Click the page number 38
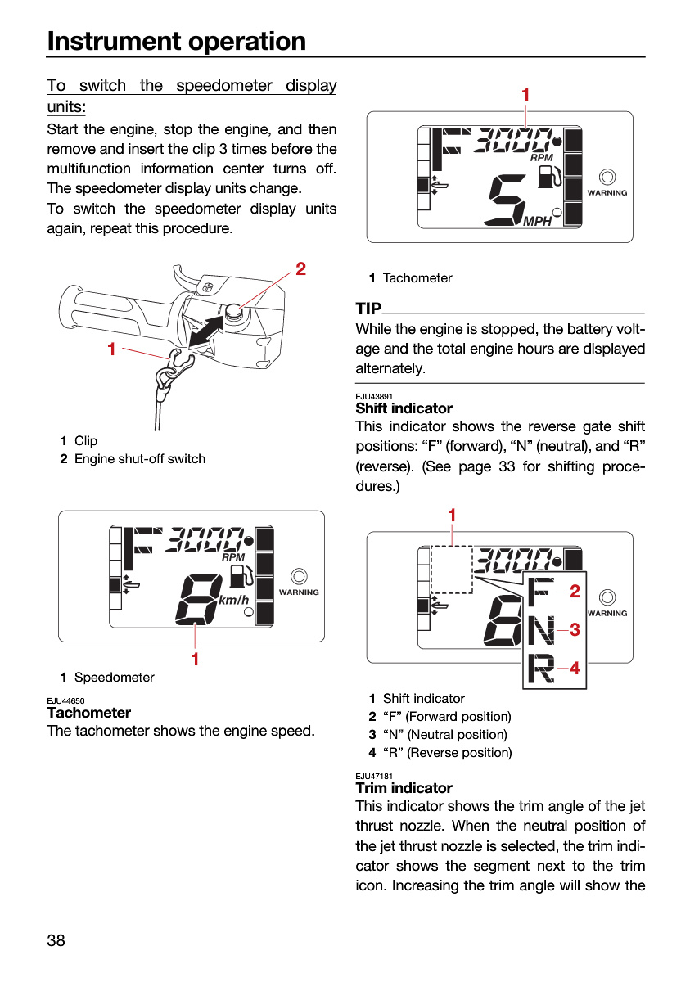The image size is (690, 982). click(x=56, y=940)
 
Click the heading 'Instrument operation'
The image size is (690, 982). click(x=176, y=42)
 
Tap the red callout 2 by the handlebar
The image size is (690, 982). click(x=300, y=268)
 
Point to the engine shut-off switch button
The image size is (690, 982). click(x=232, y=311)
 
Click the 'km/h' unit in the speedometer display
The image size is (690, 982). click(x=233, y=600)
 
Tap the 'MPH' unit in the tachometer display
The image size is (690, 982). click(x=538, y=222)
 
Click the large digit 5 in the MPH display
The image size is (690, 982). click(x=507, y=200)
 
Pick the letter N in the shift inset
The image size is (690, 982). click(x=542, y=631)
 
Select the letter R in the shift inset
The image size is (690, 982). click(x=542, y=669)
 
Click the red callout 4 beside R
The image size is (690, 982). click(x=575, y=668)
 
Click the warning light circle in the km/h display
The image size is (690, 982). click(x=299, y=576)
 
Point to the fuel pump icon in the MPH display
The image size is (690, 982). click(x=549, y=177)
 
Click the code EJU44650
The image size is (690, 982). click(x=65, y=700)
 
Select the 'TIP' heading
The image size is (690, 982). click(x=368, y=309)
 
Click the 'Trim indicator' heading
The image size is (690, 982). click(x=404, y=788)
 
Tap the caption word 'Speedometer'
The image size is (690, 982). click(x=115, y=678)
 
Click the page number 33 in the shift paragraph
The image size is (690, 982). click(x=507, y=466)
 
